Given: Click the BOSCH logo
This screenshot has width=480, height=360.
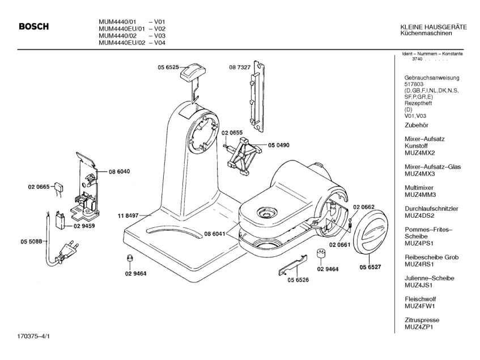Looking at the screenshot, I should tap(33, 27).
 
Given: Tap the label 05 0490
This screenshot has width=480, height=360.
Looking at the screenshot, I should tap(279, 145).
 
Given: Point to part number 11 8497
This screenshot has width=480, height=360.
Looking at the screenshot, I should tap(128, 215).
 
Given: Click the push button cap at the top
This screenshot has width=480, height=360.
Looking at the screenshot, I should tap(192, 71).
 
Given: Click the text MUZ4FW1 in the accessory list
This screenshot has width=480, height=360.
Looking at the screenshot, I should tap(419, 306).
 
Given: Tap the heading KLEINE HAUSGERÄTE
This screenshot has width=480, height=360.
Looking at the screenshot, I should tap(433, 27).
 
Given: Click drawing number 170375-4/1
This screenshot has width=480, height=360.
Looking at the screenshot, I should tap(33, 342).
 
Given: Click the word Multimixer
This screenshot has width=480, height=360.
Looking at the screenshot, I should tap(418, 188).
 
